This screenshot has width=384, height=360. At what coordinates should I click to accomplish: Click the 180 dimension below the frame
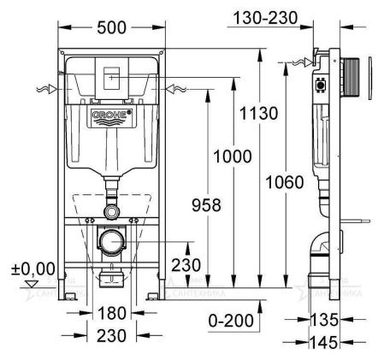coord(111,312)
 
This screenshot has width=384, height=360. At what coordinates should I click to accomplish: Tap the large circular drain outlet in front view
coord(112,242)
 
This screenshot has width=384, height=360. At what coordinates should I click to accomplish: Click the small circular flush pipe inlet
coord(112,210)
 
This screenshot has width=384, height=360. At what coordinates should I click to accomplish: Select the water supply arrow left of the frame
coord(49,88)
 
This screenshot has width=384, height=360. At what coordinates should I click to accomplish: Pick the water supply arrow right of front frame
coord(174,88)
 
